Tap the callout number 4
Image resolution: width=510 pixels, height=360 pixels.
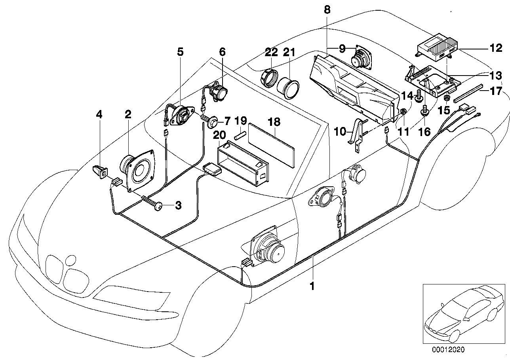click(x=99, y=115)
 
